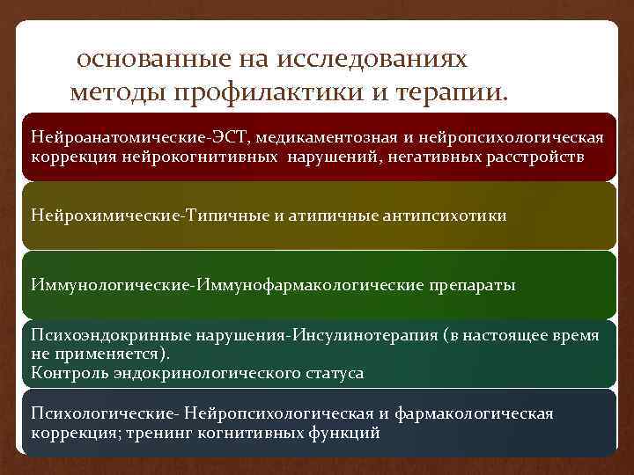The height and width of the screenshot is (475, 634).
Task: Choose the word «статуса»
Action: coord(332,372)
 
